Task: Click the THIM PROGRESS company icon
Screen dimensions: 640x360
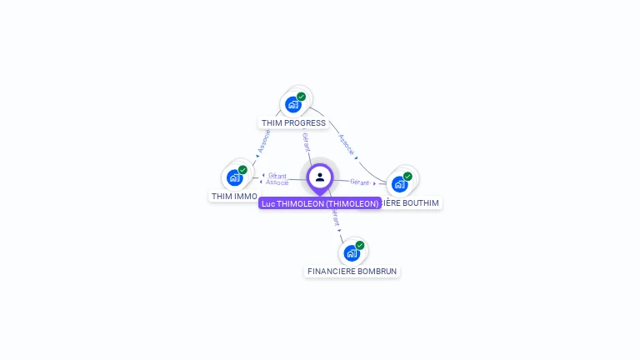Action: (x=292, y=104)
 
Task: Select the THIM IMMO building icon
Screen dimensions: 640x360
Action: (x=234, y=177)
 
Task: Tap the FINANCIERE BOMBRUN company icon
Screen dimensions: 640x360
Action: (x=351, y=252)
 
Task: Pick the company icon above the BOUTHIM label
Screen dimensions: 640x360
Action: (x=399, y=183)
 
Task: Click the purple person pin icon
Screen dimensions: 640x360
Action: (x=320, y=177)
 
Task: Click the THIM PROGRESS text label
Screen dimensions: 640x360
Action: (x=293, y=123)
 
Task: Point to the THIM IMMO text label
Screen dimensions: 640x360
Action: (x=234, y=197)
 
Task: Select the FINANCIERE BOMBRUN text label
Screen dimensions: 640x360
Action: (x=352, y=272)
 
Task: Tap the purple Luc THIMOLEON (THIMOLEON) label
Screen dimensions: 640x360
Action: (x=320, y=203)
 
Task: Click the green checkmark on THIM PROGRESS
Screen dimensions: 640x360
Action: (x=302, y=97)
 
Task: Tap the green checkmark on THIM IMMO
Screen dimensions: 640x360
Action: (x=242, y=170)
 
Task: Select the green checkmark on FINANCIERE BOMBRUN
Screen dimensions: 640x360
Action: (x=360, y=245)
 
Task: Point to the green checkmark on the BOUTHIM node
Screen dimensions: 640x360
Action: (x=407, y=176)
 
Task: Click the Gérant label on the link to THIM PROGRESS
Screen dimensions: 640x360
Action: (x=306, y=142)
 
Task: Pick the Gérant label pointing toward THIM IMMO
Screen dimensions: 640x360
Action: (x=277, y=176)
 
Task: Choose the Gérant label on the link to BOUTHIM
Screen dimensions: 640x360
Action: (x=360, y=182)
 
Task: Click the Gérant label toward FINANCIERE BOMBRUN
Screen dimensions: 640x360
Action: (x=334, y=218)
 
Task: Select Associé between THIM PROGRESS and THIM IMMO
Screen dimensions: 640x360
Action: (x=263, y=142)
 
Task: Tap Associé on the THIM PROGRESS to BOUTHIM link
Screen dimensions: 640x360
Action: (x=347, y=143)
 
